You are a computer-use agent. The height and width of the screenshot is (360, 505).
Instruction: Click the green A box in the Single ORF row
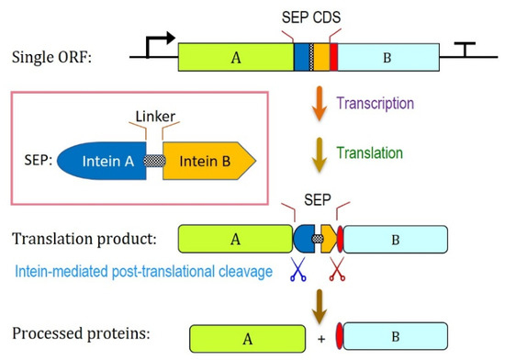click(x=236, y=57)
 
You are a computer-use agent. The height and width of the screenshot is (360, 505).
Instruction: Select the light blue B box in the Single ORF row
click(x=388, y=57)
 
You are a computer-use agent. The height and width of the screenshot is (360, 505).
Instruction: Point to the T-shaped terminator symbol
click(x=465, y=50)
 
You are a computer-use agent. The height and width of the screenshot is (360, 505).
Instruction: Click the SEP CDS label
click(x=311, y=17)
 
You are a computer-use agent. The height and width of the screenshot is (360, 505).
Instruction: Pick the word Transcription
click(x=376, y=104)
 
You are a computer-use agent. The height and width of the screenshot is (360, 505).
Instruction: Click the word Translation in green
click(x=370, y=153)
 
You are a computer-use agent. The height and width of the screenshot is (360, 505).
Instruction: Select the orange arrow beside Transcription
click(x=320, y=104)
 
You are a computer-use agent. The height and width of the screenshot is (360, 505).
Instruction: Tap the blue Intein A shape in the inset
click(x=102, y=161)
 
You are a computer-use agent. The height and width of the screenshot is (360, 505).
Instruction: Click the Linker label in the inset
click(x=155, y=117)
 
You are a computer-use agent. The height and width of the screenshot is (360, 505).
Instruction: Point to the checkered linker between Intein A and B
click(x=154, y=161)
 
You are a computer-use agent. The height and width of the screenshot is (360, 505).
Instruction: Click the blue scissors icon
click(x=297, y=269)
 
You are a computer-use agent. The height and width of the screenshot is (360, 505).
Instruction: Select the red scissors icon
click(x=337, y=269)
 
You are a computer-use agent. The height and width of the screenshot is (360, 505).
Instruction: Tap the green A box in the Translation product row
click(x=235, y=239)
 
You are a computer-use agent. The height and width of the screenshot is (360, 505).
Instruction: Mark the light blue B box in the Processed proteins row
click(x=396, y=336)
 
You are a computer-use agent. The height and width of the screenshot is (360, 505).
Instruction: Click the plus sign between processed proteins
click(x=321, y=339)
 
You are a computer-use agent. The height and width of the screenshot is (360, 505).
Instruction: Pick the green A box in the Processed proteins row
click(x=247, y=339)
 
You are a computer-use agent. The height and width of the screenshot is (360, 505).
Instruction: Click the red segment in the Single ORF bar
click(x=333, y=57)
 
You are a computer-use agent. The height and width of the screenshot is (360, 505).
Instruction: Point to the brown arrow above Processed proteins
click(x=320, y=307)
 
